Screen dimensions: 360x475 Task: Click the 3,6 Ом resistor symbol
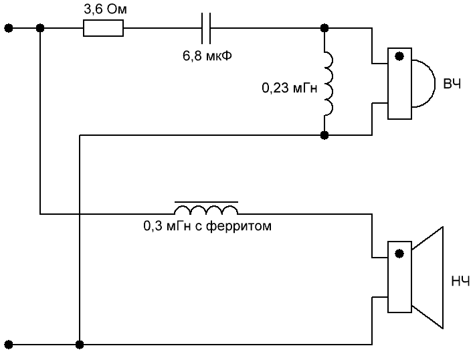(103, 28)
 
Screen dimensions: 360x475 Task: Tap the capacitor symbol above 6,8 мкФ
(207, 28)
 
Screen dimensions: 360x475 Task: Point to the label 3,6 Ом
(102, 9)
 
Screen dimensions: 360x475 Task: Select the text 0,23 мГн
(288, 87)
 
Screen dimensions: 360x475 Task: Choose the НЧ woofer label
(460, 281)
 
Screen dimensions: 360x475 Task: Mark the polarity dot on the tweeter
(399, 58)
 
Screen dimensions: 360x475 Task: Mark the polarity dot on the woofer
(399, 254)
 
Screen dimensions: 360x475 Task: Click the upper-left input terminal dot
(8, 28)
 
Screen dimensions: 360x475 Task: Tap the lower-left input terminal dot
(8, 345)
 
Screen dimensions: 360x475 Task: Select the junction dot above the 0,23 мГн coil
(324, 28)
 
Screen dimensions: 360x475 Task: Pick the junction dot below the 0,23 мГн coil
(324, 135)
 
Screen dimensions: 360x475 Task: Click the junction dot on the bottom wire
(80, 345)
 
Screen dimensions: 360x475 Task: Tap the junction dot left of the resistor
(40, 28)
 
